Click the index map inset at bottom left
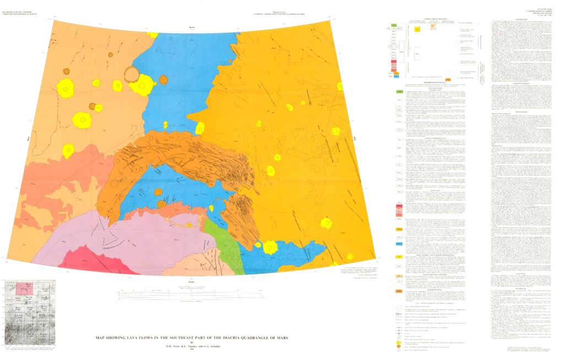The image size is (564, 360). [x=30, y=313]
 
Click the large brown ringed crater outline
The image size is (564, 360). [x=132, y=74]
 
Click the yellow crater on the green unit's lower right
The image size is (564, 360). [x=269, y=247]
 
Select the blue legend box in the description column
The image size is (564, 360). [x=398, y=243]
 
